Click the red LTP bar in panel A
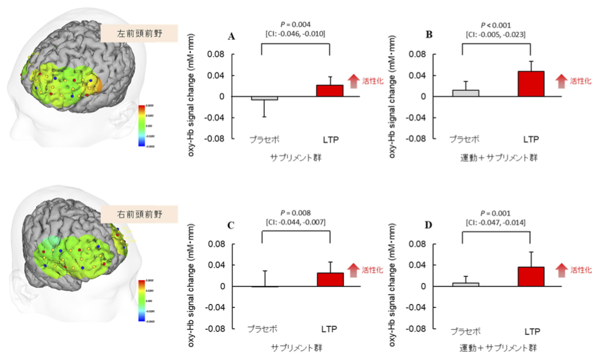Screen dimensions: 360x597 [330, 90]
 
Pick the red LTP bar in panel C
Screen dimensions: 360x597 [330, 280]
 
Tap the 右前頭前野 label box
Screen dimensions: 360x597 [139, 213]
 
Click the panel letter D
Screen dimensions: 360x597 [429, 225]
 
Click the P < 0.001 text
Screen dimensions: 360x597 [496, 24]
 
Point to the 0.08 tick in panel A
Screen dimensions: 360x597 [217, 54]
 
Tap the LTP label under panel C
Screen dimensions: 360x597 [330, 328]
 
